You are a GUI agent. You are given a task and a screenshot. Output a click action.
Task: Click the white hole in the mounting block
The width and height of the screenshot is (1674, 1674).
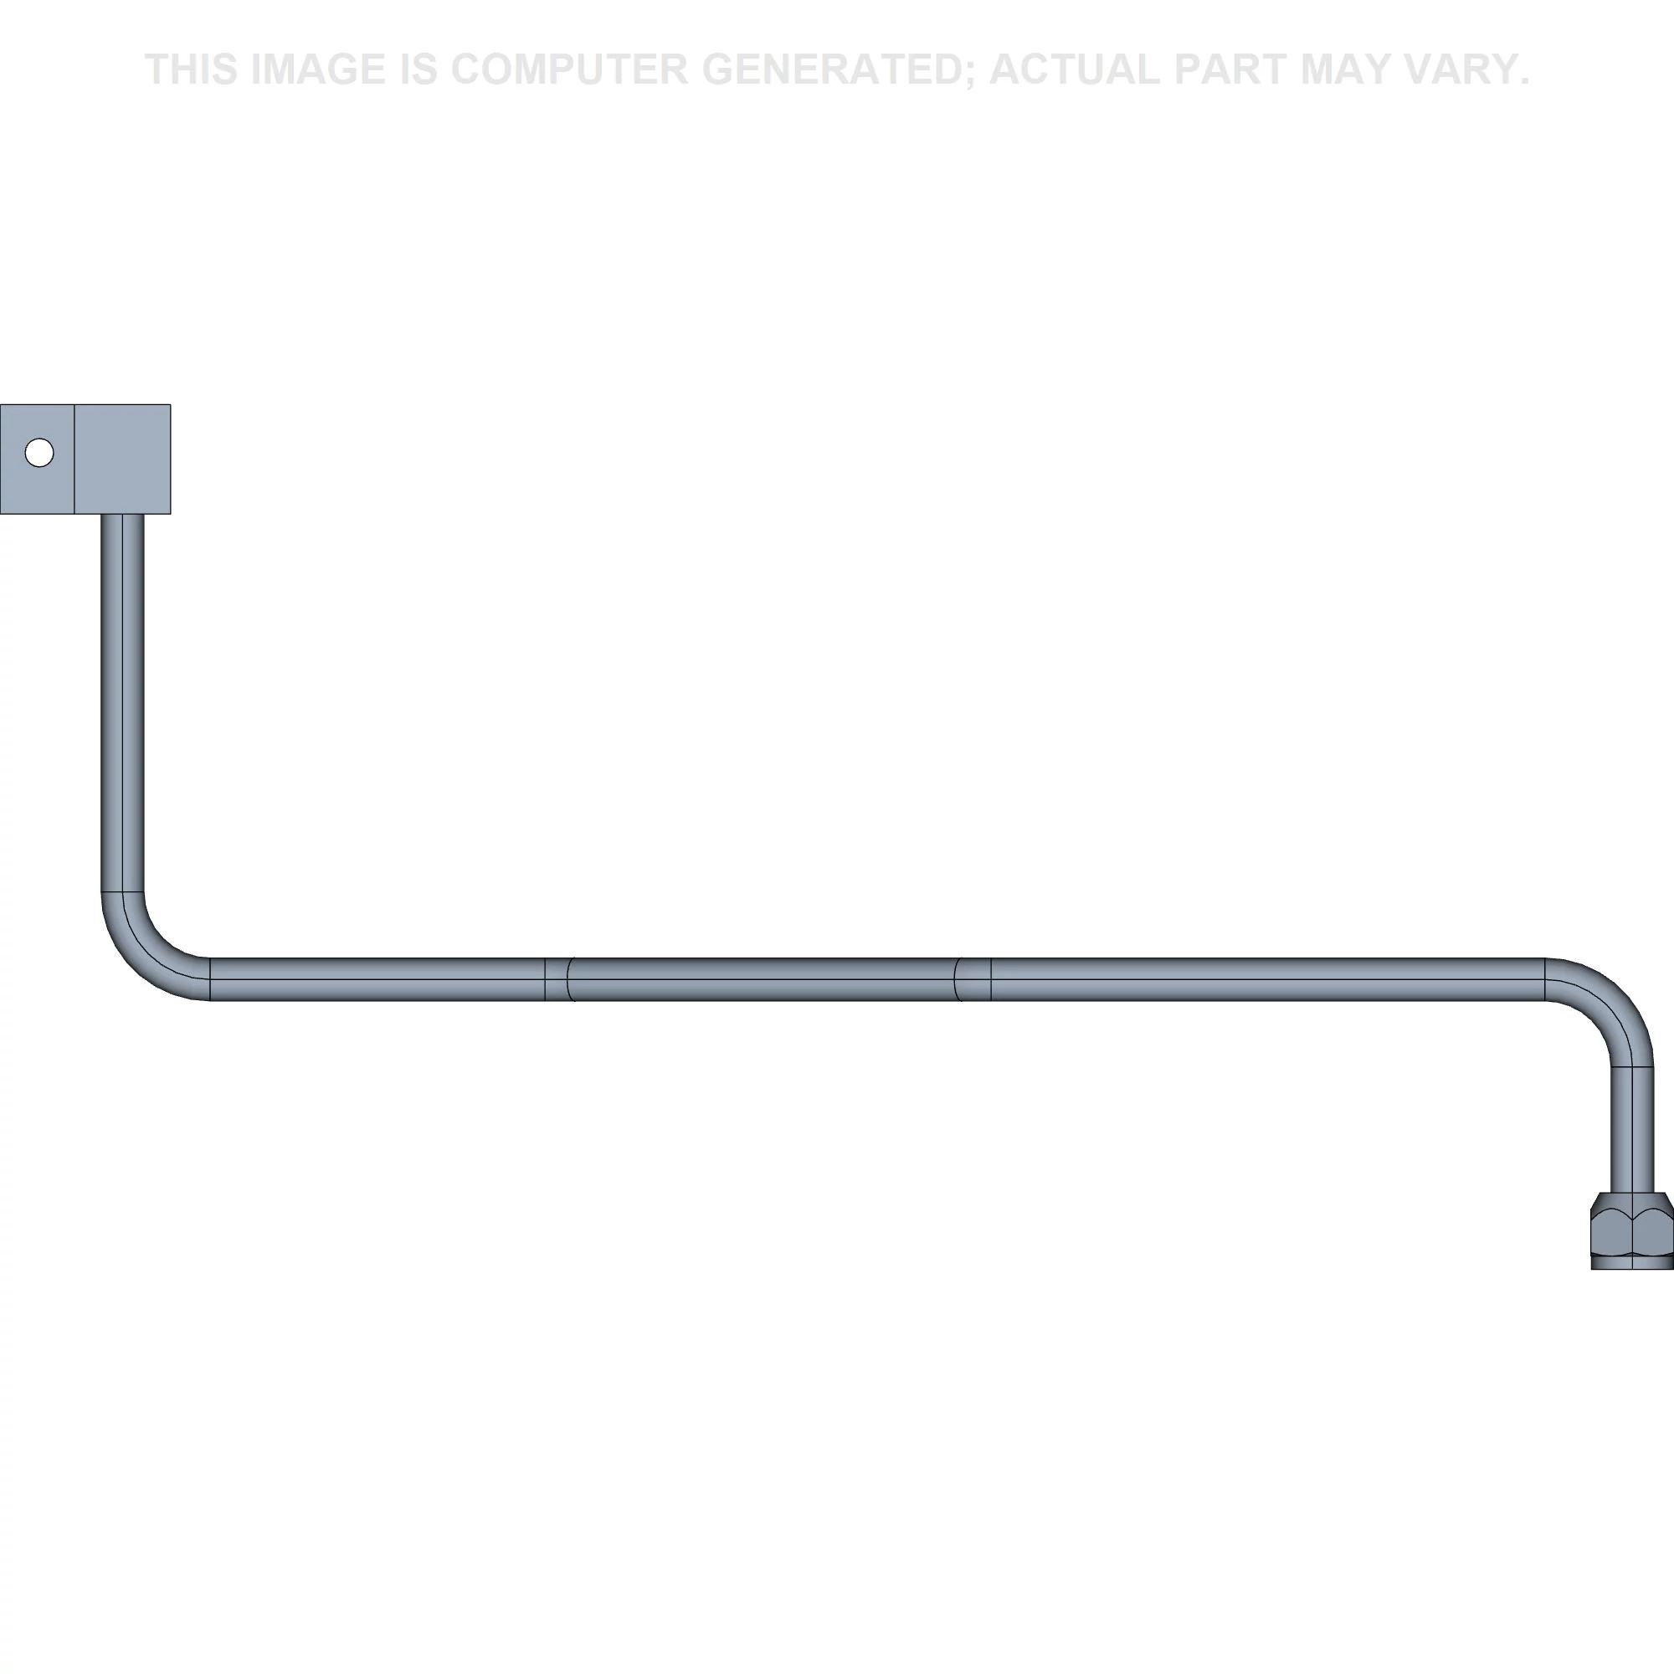(39, 452)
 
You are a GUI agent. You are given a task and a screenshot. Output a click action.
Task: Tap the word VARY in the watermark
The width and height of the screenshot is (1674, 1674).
(1466, 69)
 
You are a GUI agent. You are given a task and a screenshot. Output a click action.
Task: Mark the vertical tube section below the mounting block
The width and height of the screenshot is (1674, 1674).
(123, 703)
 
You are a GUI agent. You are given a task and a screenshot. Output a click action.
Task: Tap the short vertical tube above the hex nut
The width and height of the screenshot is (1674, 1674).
(1632, 1130)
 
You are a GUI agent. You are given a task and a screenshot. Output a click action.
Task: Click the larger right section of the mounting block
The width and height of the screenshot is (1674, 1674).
(122, 459)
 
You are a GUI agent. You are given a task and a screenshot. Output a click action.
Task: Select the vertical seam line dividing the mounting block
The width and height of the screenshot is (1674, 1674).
(74, 459)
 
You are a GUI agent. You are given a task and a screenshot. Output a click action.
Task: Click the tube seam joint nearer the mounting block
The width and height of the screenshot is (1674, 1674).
(560, 979)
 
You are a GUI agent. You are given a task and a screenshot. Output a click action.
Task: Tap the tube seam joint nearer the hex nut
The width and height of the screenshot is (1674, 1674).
(972, 979)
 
